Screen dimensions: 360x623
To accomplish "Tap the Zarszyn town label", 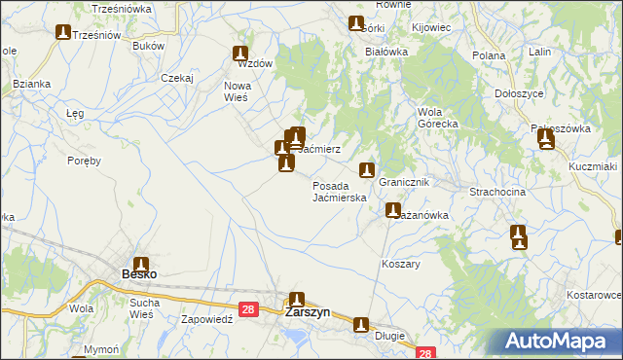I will coord(307,313).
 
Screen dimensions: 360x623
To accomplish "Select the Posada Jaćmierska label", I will coord(339,191).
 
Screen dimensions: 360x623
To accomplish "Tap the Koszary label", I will coord(401,264).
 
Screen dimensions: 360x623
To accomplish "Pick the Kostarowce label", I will coord(594,294).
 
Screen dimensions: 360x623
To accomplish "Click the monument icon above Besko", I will coord(141,264).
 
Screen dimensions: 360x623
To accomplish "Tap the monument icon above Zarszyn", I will coord(297,301).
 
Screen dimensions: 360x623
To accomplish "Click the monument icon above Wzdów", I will coord(240,54).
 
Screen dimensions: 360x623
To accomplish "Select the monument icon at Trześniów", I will coord(63,33).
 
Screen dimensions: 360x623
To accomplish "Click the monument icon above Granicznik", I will coord(367,170).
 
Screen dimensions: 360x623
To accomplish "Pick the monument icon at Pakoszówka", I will coord(546,140).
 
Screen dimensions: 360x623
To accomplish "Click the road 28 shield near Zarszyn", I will coord(248,309).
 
